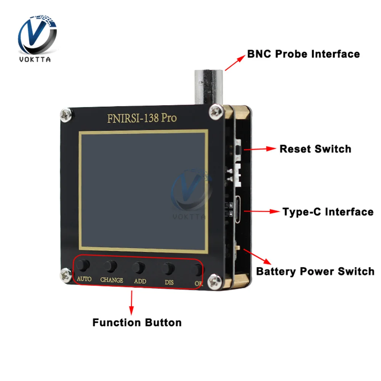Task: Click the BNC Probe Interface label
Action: [x=303, y=54]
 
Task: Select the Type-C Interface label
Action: [x=328, y=211]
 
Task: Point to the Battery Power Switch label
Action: [x=315, y=271]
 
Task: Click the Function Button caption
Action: [x=137, y=322]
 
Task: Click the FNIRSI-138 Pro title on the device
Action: [x=142, y=118]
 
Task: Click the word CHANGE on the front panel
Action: [x=112, y=280]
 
